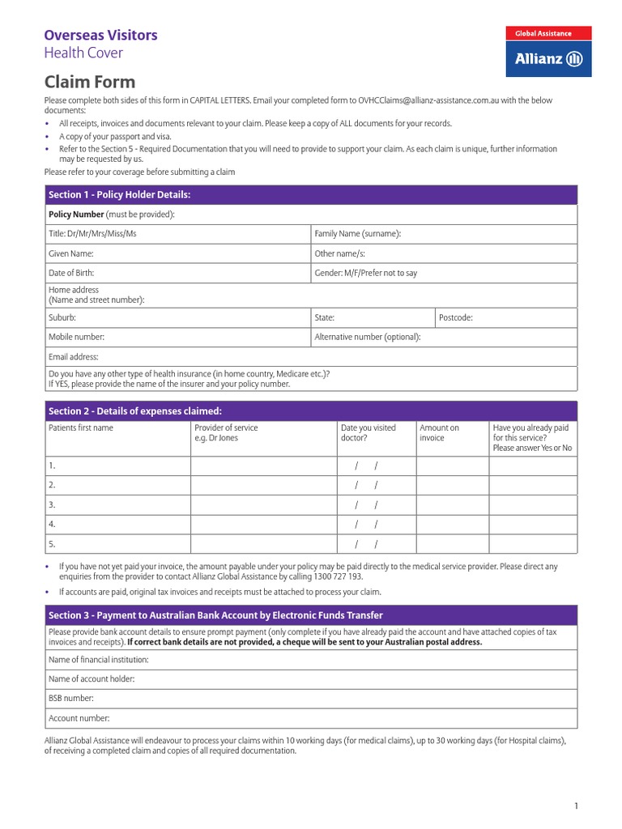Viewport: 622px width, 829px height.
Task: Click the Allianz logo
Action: (548, 58)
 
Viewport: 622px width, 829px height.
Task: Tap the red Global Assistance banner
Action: (548, 33)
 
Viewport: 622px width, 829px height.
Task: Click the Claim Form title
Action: (89, 82)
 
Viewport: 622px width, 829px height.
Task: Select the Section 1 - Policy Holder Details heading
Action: (119, 195)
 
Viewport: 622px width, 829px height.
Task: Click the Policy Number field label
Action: (77, 215)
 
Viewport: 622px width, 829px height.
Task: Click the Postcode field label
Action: (455, 318)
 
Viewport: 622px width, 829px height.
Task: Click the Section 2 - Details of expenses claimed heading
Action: (134, 411)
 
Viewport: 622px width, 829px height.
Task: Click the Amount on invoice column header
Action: (439, 432)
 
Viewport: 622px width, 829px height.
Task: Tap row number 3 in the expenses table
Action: (52, 504)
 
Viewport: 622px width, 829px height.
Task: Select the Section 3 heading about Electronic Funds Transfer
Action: (215, 615)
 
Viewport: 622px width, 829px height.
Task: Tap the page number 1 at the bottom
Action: (576, 806)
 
